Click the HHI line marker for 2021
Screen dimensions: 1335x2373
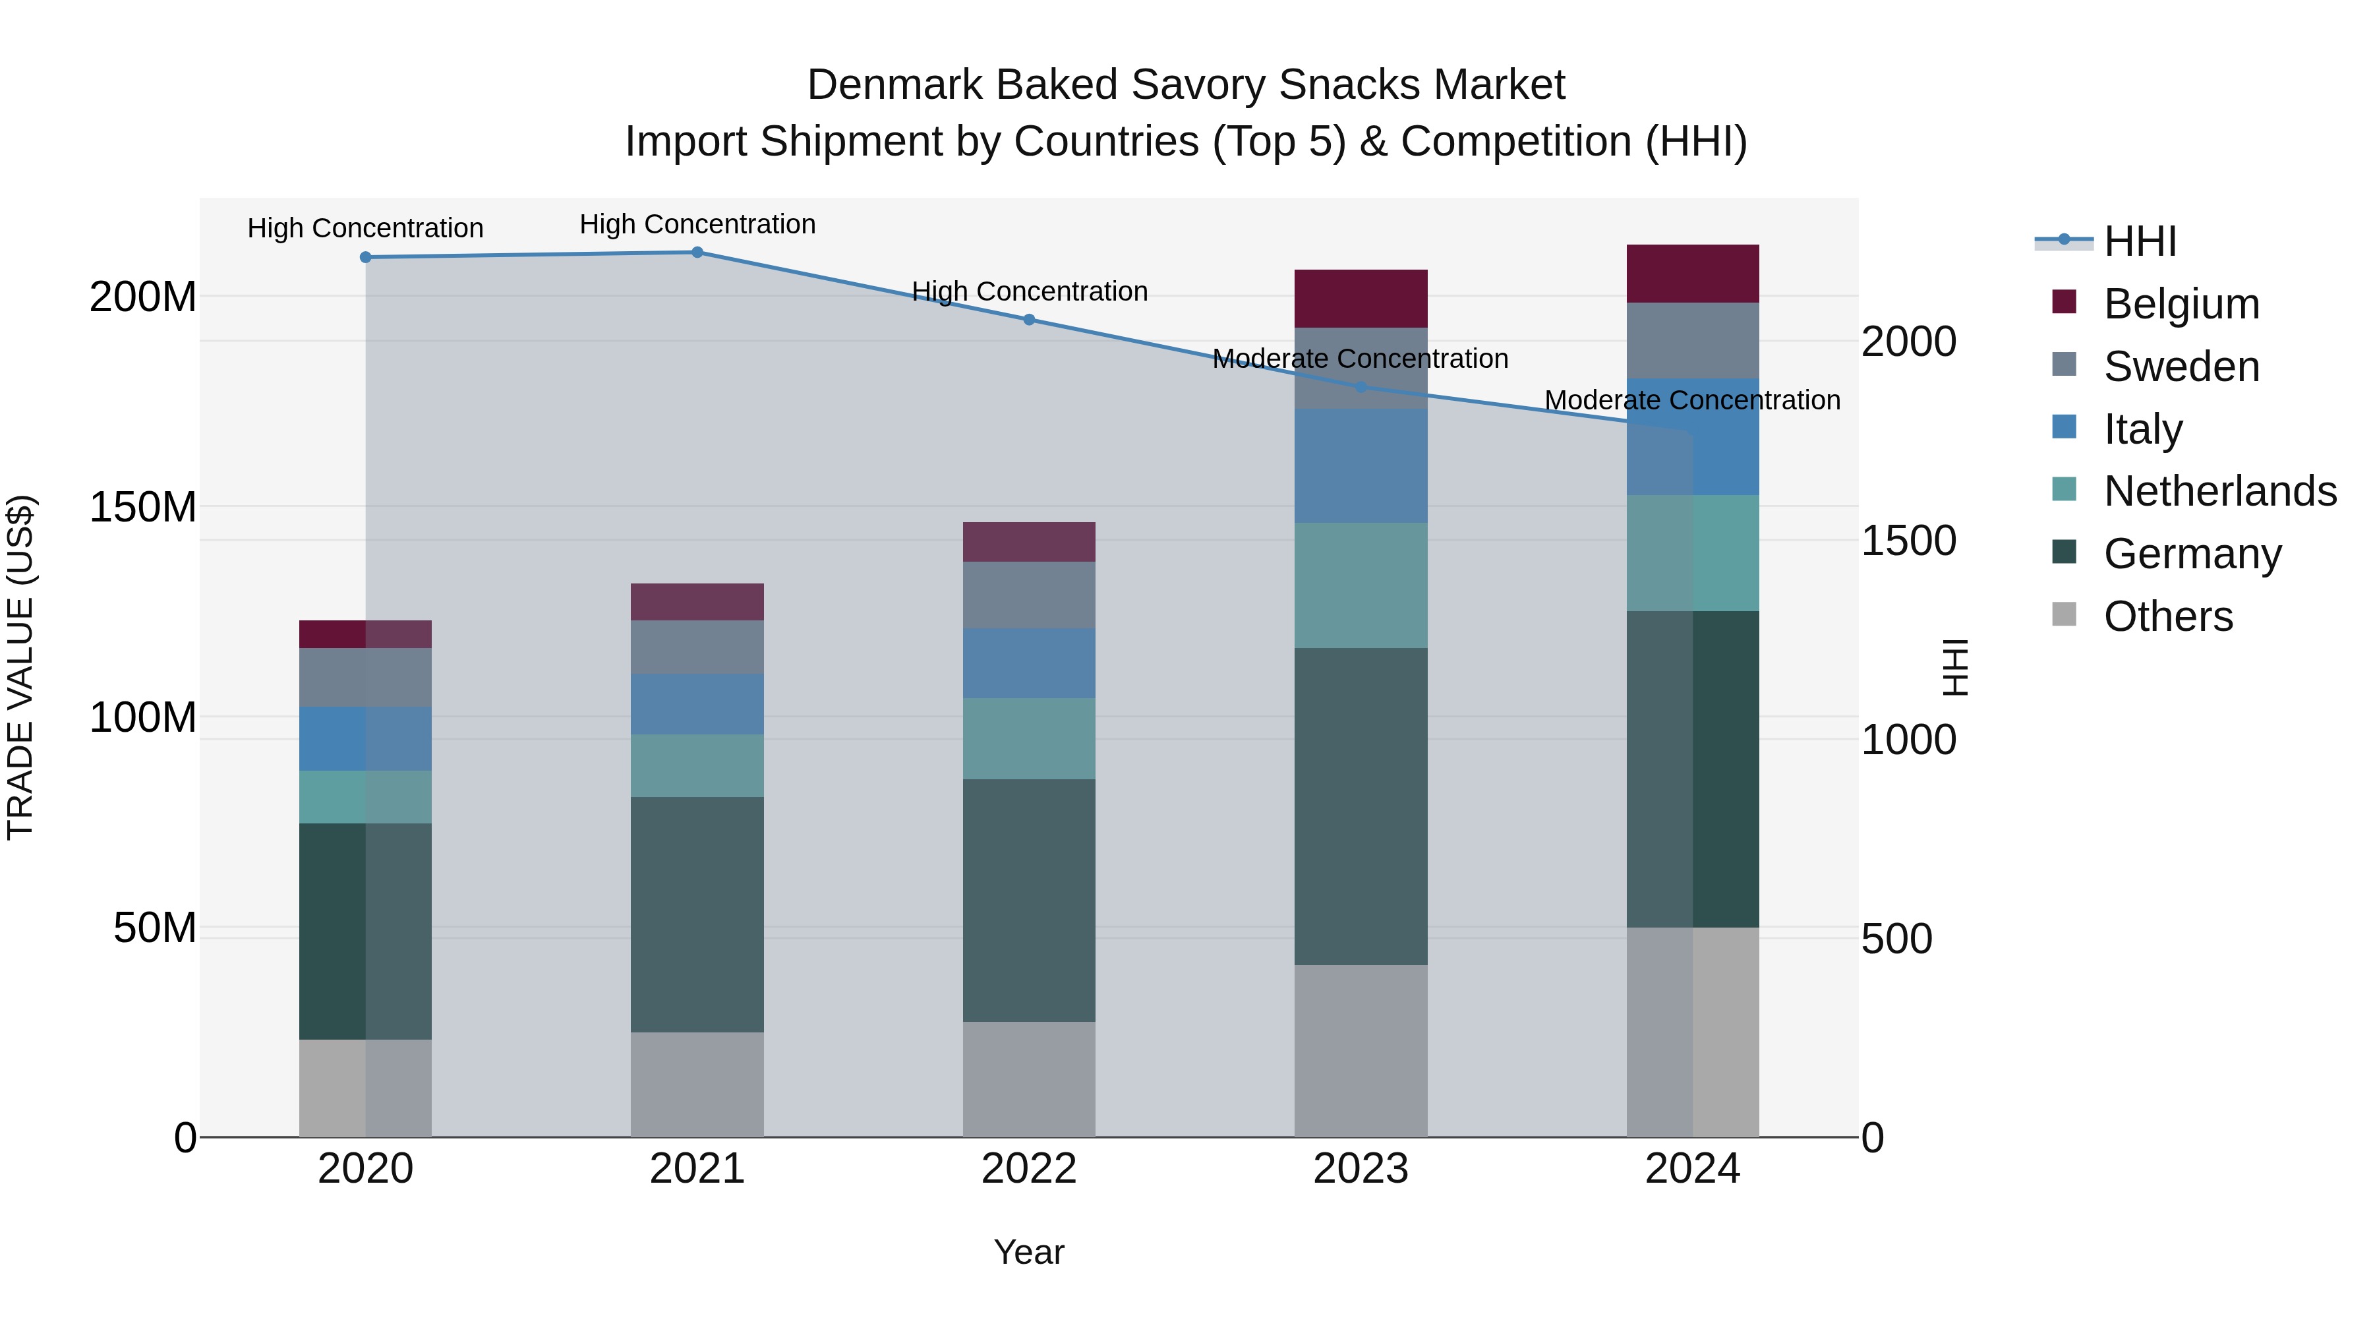[697, 252]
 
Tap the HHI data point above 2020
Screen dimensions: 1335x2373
[366, 257]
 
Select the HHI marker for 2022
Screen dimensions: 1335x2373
[1029, 320]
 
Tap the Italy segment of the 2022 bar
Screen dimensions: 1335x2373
[1029, 663]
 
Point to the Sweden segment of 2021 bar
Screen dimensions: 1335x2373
[697, 647]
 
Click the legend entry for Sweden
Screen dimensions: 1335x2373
[2181, 367]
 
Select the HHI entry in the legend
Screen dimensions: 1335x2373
[2140, 241]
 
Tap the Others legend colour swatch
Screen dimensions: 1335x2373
[2065, 614]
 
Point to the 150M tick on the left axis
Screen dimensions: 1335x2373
[143, 507]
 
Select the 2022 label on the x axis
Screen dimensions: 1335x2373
[1029, 1169]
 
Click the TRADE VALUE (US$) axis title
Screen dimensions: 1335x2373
[20, 667]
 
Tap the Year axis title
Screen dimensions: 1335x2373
[1029, 1252]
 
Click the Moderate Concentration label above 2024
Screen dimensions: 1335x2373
[1692, 400]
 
